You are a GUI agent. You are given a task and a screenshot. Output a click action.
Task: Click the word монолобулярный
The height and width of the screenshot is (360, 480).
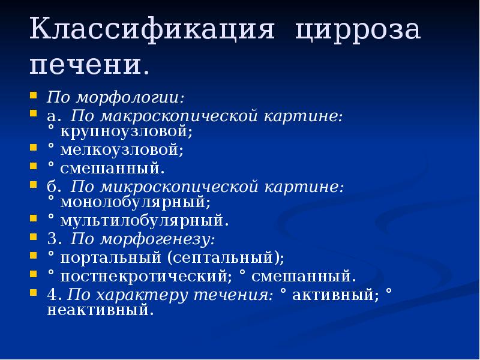pos(134,202)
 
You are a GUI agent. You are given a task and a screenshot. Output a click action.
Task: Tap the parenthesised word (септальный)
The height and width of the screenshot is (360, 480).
pos(226,258)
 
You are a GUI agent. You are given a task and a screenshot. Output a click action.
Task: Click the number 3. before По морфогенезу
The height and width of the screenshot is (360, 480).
pos(55,239)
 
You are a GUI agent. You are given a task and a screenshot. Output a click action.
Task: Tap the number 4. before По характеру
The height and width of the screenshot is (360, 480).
pos(55,295)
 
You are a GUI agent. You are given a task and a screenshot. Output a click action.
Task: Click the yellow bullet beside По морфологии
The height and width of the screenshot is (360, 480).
pos(34,95)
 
